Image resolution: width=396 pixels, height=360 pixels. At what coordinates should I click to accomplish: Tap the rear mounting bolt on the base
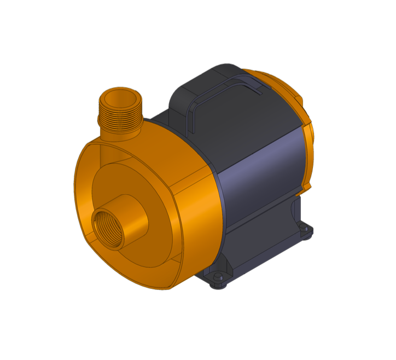click(x=305, y=230)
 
